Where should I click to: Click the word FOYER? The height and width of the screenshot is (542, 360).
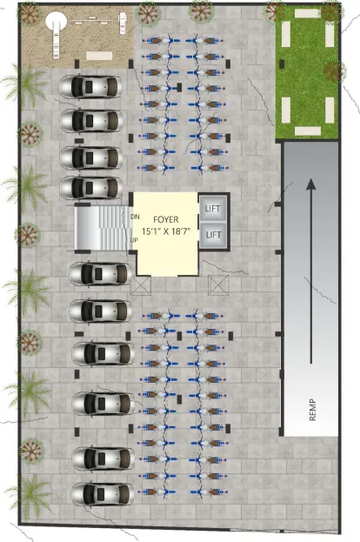pyautogui.click(x=166, y=219)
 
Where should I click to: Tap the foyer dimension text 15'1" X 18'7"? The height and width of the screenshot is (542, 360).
pyautogui.click(x=166, y=231)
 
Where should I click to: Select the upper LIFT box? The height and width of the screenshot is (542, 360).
pyautogui.click(x=213, y=208)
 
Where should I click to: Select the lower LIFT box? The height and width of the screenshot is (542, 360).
pyautogui.click(x=213, y=235)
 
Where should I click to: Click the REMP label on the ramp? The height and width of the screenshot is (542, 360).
pyautogui.click(x=312, y=410)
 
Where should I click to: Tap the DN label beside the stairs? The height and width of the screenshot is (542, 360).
pyautogui.click(x=135, y=217)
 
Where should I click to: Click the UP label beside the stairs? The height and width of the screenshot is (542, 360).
pyautogui.click(x=135, y=240)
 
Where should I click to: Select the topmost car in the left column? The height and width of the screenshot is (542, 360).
pyautogui.click(x=90, y=86)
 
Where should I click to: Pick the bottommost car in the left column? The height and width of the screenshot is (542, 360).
pyautogui.click(x=103, y=494)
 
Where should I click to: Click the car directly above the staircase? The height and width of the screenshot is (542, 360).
pyautogui.click(x=90, y=188)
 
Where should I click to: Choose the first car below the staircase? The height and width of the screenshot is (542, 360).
pyautogui.click(x=100, y=274)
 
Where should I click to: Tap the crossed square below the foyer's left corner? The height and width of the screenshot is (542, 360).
pyautogui.click(x=141, y=285)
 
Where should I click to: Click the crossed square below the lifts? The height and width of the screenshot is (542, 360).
pyautogui.click(x=218, y=285)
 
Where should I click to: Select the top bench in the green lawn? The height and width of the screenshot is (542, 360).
pyautogui.click(x=308, y=13)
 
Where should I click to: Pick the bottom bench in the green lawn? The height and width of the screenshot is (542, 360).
pyautogui.click(x=308, y=131)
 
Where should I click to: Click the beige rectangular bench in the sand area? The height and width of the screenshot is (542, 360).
pyautogui.click(x=99, y=56)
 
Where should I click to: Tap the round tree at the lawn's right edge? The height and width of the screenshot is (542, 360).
pyautogui.click(x=335, y=71)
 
